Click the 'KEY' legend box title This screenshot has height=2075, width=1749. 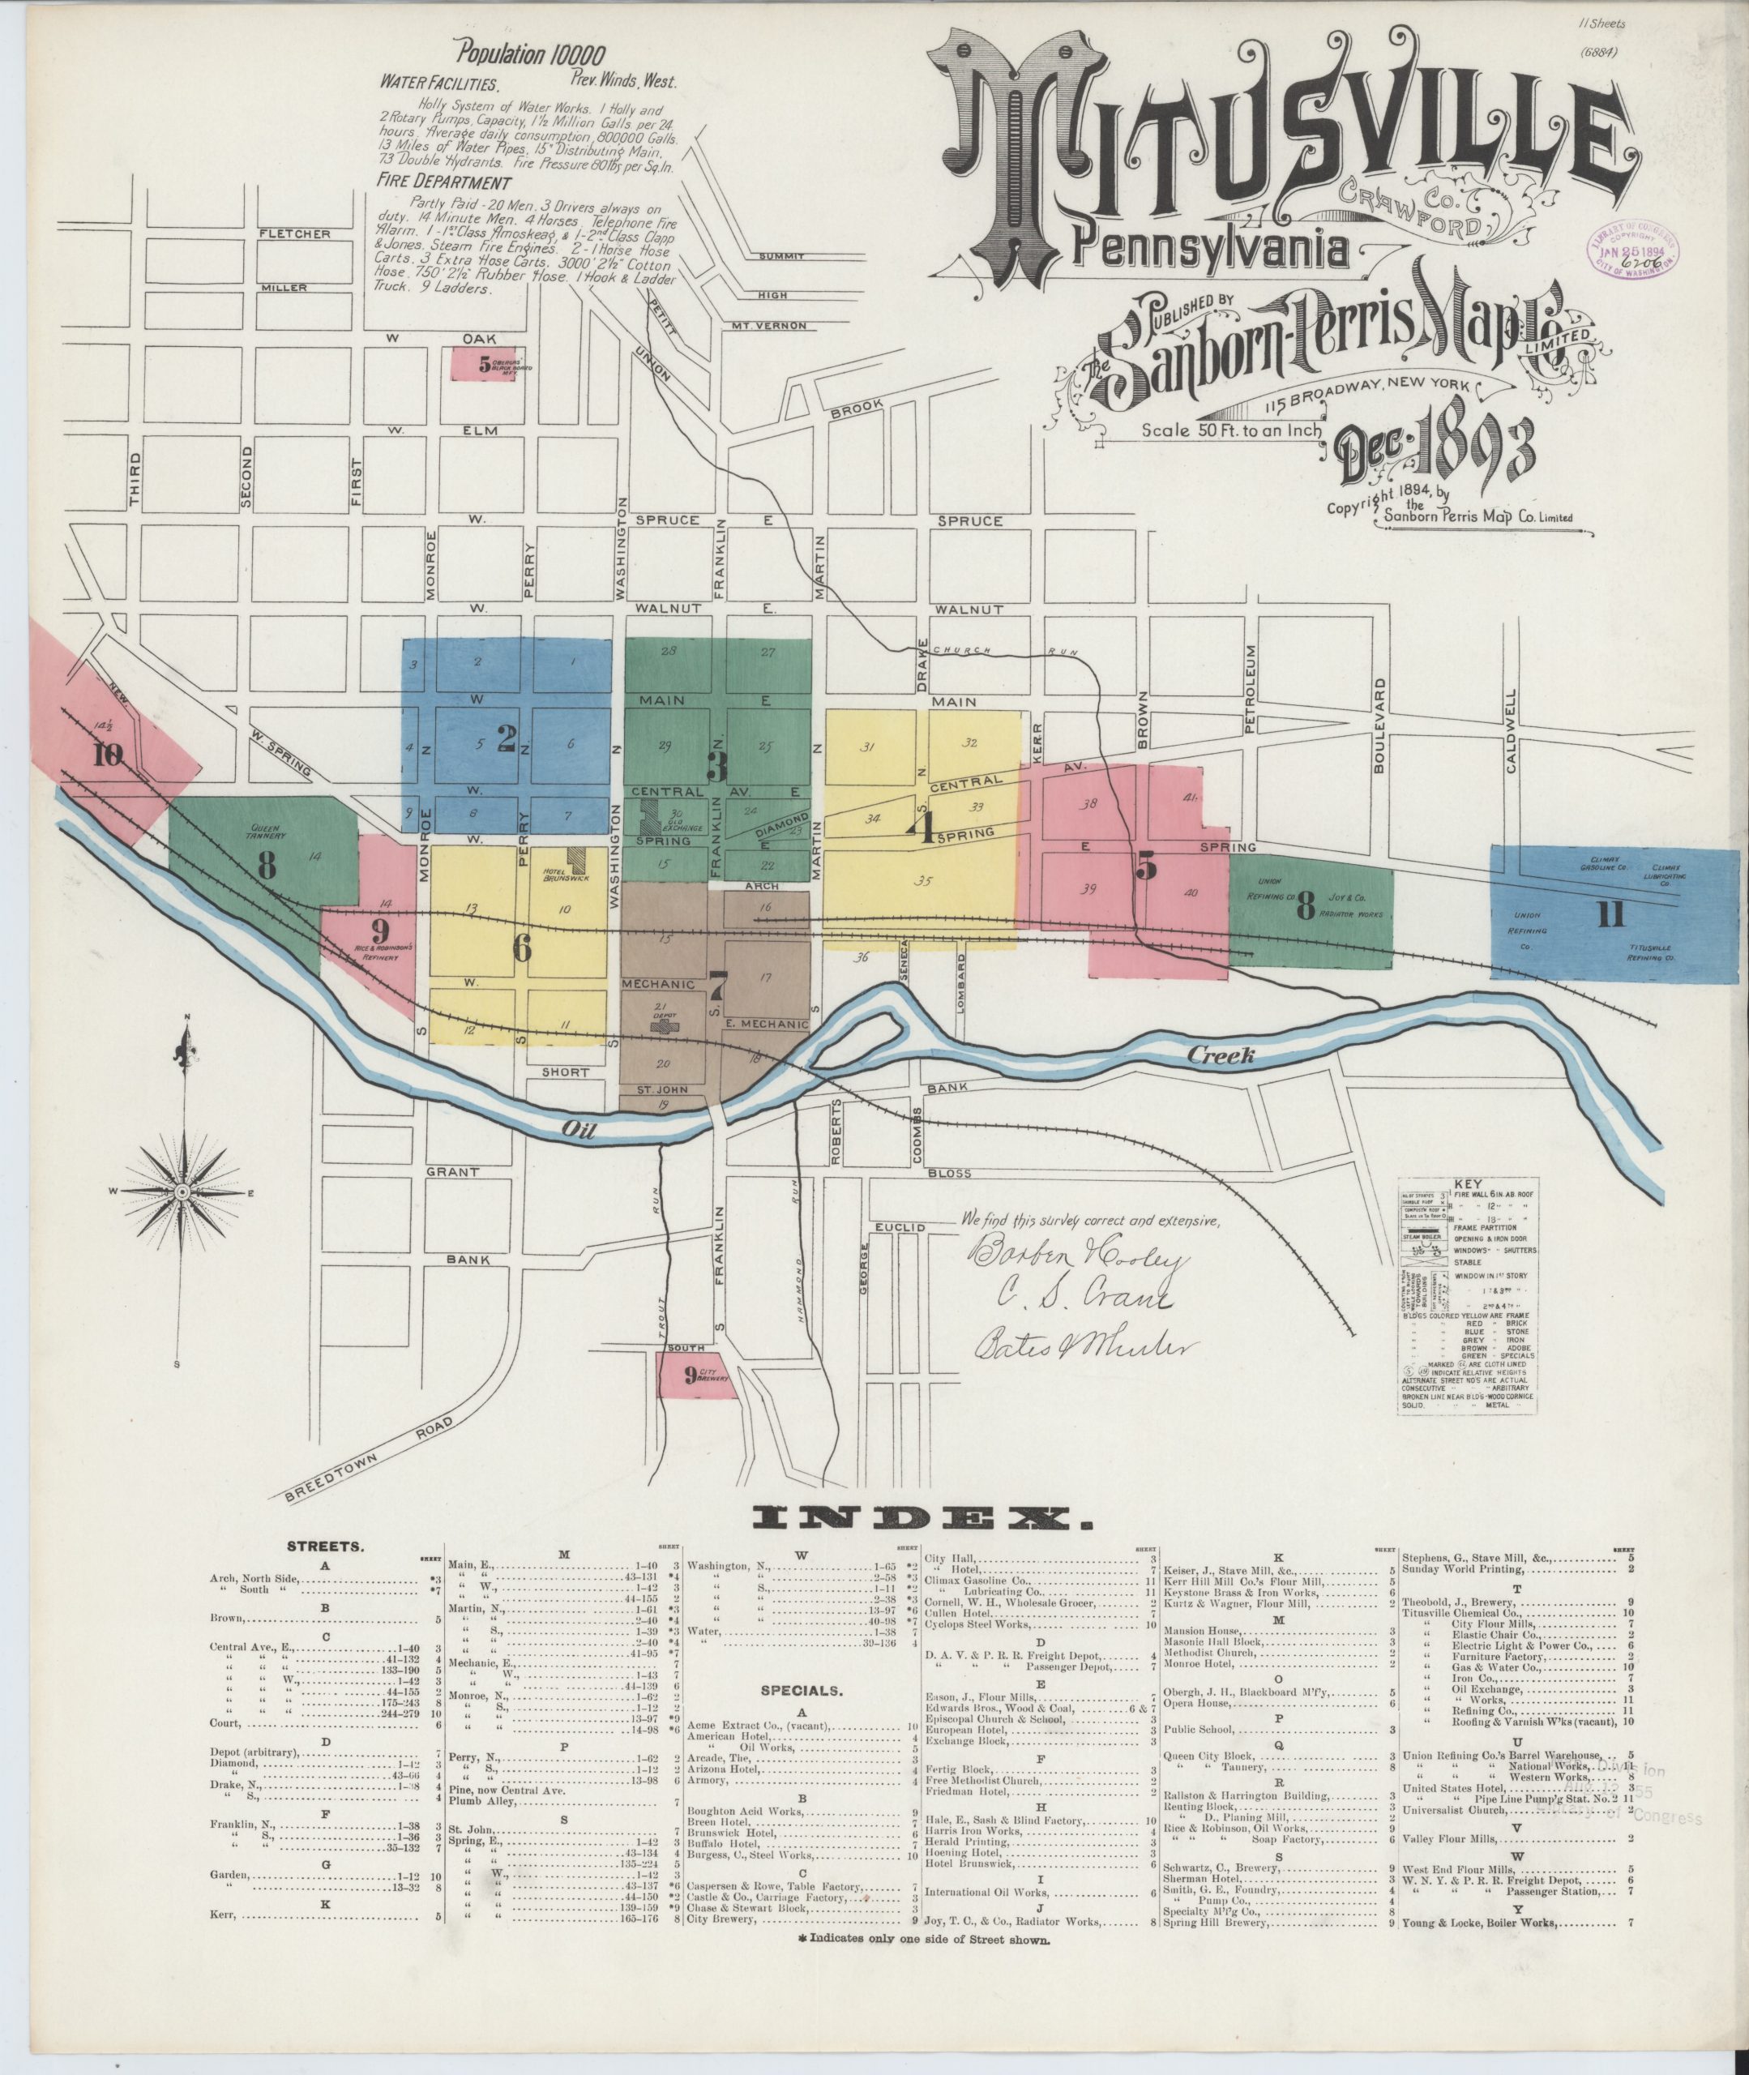[1465, 1183]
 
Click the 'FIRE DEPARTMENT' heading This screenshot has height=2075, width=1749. [444, 183]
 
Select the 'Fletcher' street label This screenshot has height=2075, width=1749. [294, 234]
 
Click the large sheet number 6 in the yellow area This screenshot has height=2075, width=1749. [523, 948]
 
